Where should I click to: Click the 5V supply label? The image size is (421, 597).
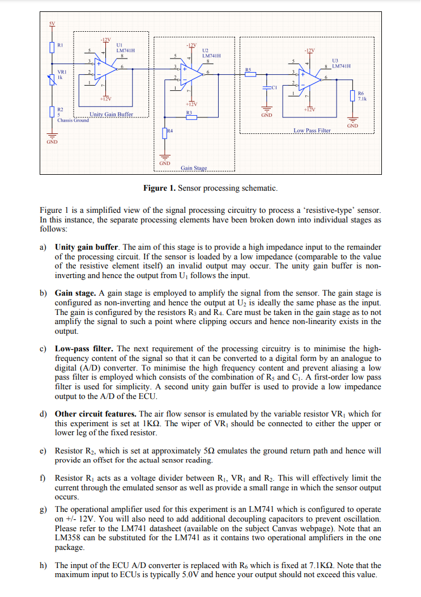52,23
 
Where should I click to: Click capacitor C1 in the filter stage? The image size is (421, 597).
266,89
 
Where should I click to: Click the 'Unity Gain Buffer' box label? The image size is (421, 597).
111,115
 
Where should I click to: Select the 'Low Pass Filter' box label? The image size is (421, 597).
312,131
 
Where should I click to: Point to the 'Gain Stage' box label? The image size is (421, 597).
194,169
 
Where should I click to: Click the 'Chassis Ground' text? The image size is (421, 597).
73,120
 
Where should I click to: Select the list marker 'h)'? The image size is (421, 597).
44,565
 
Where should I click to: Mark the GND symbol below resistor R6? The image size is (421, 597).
352,119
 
